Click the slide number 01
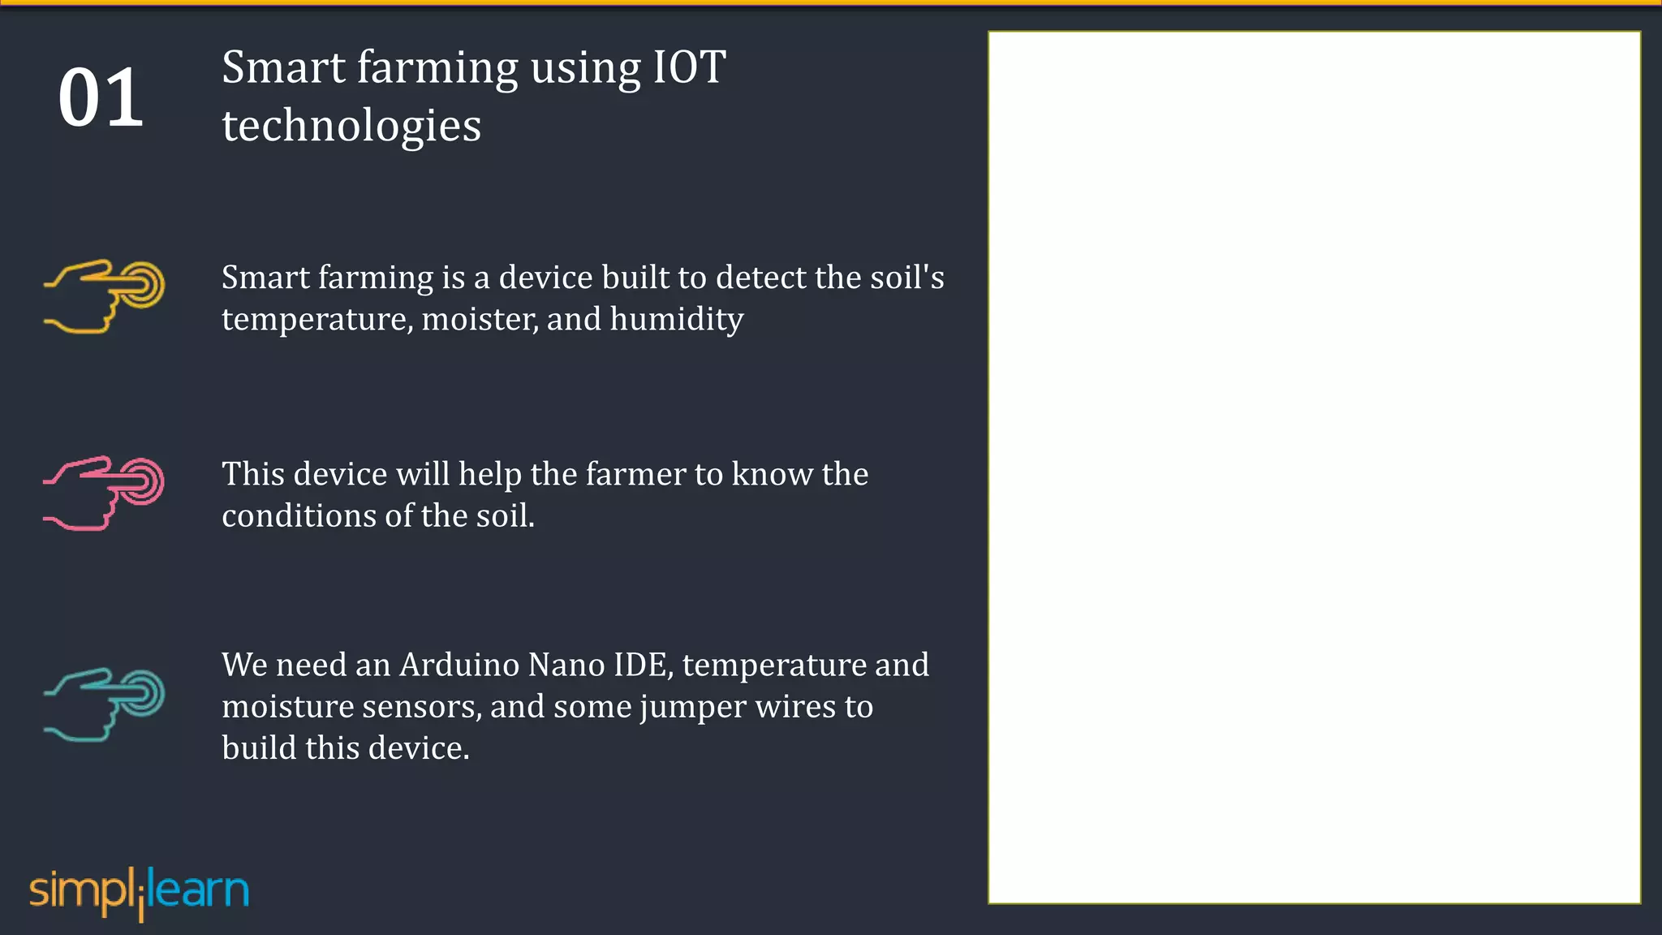pos(101,97)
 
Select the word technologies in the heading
pos(351,126)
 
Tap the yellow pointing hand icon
pos(104,296)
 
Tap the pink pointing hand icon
pos(104,493)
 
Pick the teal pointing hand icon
pos(104,704)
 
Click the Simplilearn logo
pos(139,892)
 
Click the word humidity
pos(676,319)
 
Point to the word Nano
pos(566,665)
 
